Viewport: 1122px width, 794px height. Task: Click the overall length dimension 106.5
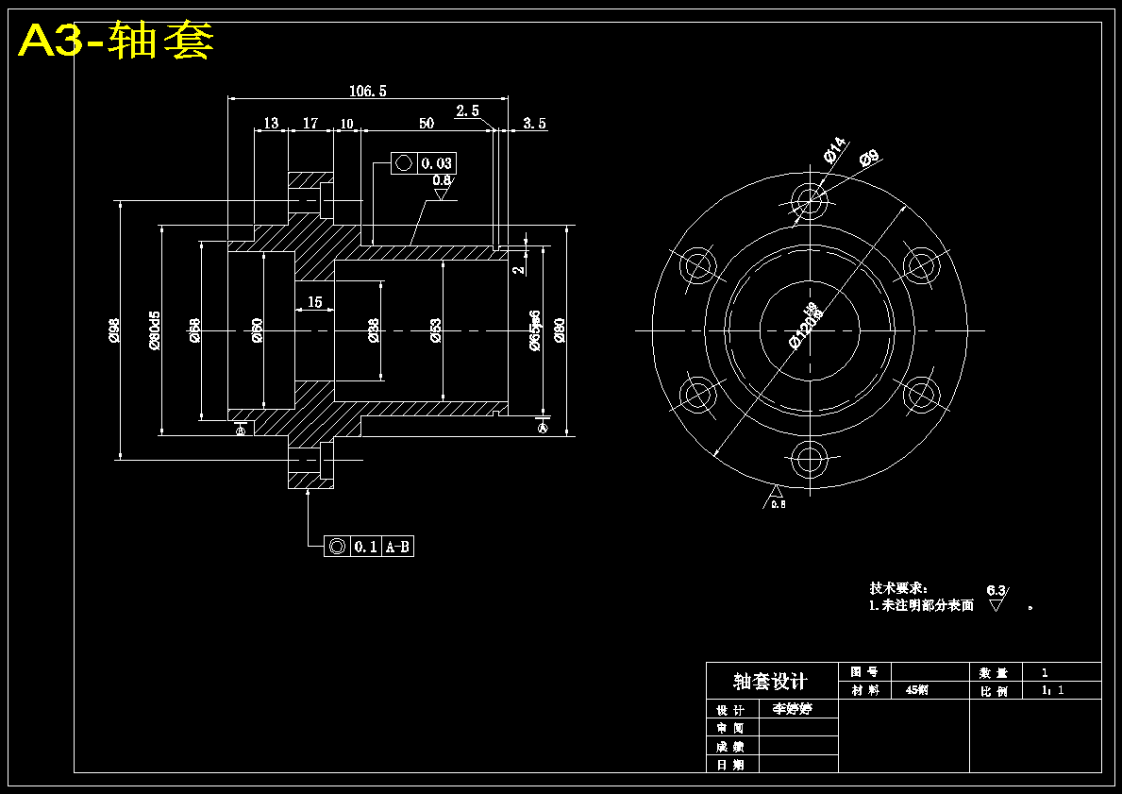(367, 92)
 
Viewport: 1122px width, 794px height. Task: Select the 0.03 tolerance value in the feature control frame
(436, 163)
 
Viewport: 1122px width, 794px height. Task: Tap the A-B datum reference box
(397, 546)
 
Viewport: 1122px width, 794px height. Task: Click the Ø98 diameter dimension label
(114, 329)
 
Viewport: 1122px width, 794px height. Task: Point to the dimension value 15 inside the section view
(314, 302)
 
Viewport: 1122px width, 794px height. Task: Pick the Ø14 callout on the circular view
(833, 151)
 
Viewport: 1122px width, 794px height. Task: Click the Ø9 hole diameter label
(869, 158)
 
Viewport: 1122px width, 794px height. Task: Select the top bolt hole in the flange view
(809, 200)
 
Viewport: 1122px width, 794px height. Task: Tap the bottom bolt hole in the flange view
(809, 460)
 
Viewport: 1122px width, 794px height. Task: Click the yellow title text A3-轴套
(116, 41)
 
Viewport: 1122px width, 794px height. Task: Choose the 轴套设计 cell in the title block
(771, 681)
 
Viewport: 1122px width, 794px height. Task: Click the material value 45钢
(916, 690)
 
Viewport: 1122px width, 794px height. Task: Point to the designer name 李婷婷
(792, 708)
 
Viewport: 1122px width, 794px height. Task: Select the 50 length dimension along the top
(427, 124)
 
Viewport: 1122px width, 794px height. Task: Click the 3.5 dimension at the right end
(534, 124)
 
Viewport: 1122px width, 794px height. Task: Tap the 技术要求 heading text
(897, 588)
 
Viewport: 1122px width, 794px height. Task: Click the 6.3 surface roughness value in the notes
(996, 590)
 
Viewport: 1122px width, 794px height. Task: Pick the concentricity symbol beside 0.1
(337, 546)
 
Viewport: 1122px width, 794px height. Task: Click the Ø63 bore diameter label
(435, 329)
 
